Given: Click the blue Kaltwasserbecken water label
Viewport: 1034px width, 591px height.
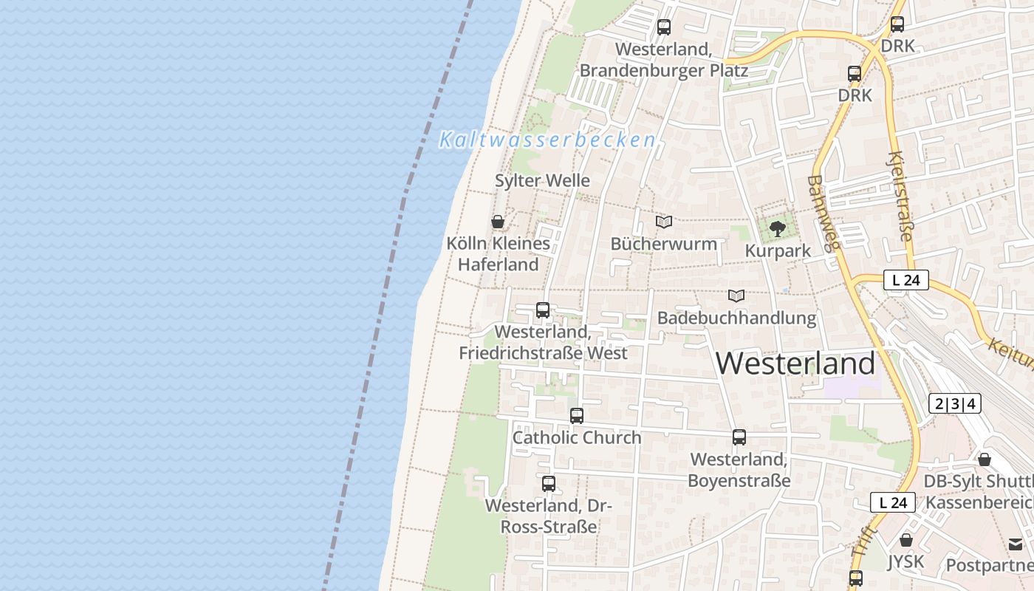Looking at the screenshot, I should coord(547,140).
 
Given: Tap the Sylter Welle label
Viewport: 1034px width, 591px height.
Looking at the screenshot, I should coord(542,180).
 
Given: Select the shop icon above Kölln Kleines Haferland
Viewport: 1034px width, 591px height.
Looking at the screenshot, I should coord(498,222).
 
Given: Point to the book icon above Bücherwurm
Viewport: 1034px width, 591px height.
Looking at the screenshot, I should coord(664,222).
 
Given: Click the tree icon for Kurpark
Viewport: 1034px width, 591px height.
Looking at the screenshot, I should coord(777,229).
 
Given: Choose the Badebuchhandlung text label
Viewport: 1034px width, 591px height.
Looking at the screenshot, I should coord(736,318).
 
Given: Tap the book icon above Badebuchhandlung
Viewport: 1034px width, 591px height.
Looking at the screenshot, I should coord(736,296).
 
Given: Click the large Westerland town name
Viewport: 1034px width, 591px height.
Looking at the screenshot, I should coord(795,363).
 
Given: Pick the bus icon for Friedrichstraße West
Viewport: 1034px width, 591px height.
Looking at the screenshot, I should coord(543,310).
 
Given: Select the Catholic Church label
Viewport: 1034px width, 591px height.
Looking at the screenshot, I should coord(577,437).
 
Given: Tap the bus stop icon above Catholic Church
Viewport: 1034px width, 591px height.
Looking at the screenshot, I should coord(577,416).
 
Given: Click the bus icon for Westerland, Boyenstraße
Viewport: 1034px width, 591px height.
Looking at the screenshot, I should coord(739,437).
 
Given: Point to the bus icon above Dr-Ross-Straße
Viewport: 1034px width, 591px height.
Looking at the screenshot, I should coord(549,484).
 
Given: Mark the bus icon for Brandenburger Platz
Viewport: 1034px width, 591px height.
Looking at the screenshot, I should coord(664,27).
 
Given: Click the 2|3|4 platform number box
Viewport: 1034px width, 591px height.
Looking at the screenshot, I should coord(955,403).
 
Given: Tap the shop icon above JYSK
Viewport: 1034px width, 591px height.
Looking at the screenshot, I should coord(906,540).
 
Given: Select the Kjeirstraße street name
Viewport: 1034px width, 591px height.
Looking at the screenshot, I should coord(902,197).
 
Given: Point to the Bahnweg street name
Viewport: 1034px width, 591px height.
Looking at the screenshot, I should coord(821,213).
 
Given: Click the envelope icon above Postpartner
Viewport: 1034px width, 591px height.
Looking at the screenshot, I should coord(1016,544).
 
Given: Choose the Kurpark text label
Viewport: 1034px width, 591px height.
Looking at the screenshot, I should coord(778,251).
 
